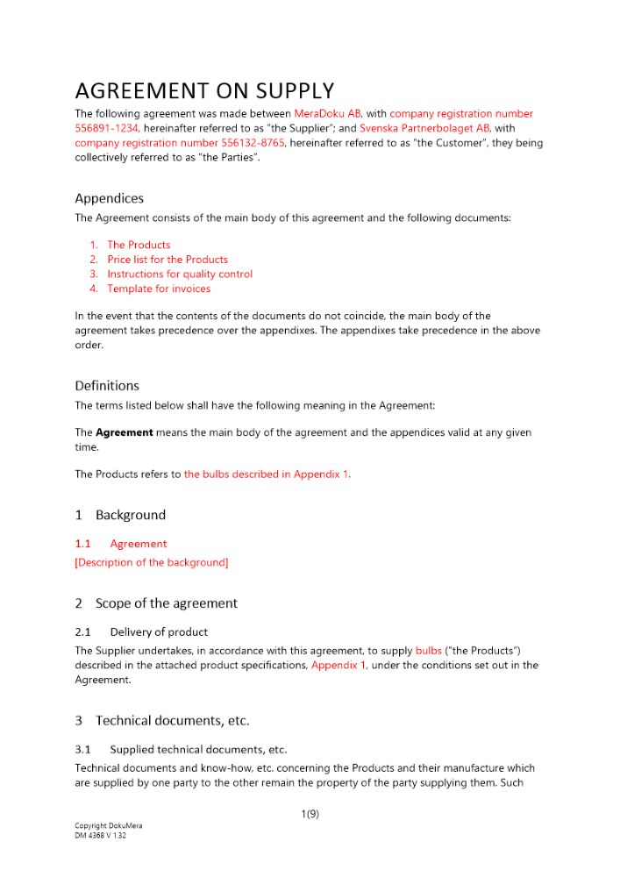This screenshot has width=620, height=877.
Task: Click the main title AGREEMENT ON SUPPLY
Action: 204,91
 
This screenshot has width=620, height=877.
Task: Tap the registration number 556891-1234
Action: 107,128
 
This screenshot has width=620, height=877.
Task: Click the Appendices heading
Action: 109,198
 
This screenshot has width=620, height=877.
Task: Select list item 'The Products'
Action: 139,245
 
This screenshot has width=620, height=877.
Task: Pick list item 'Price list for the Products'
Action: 167,260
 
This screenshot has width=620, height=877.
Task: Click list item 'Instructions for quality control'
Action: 180,274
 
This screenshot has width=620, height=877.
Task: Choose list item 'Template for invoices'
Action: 159,289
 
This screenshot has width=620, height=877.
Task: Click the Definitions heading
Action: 107,386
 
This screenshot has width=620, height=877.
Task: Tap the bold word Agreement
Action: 125,432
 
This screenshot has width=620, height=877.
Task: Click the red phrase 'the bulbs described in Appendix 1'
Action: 266,474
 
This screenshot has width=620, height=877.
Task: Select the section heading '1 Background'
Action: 120,515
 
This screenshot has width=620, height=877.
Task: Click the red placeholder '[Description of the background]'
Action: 152,562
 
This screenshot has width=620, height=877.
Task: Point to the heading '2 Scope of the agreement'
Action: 156,603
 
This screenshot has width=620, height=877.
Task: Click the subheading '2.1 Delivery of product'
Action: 141,631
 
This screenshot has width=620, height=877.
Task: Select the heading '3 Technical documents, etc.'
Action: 162,721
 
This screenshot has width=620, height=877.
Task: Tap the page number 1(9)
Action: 310,814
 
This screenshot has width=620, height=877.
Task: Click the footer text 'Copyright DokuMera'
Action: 109,826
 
